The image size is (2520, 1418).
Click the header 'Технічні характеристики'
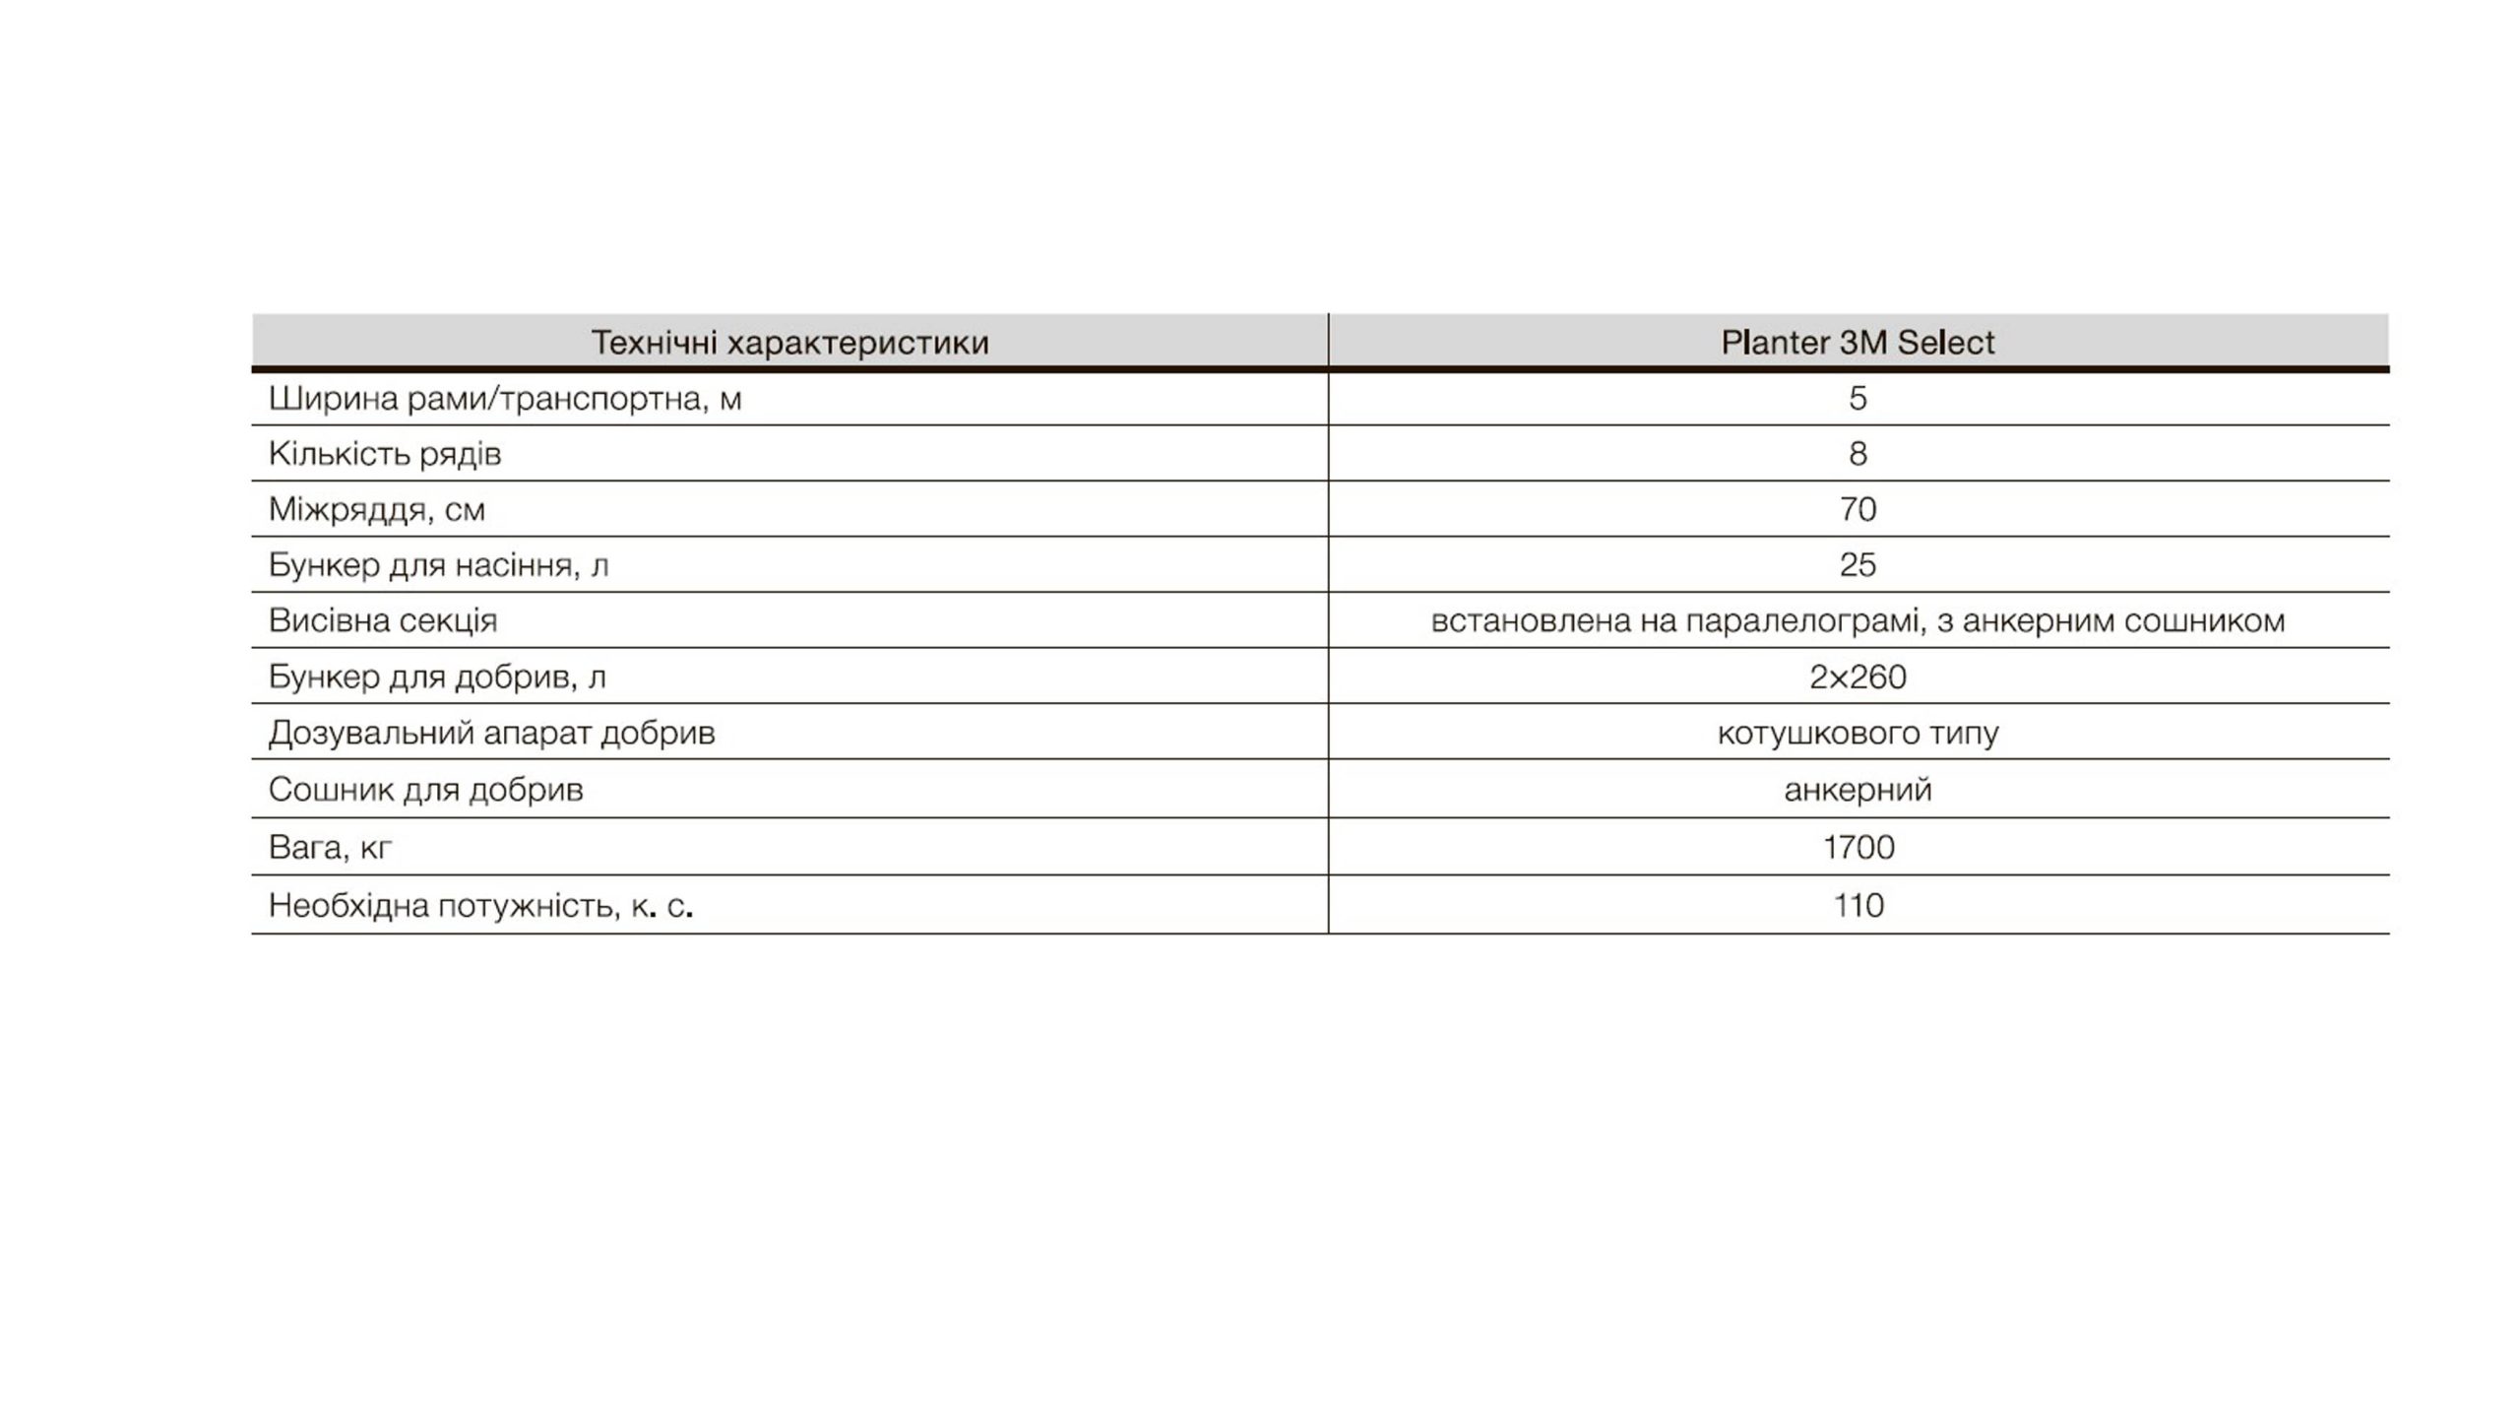[x=789, y=343]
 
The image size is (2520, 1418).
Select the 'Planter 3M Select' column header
[x=1858, y=343]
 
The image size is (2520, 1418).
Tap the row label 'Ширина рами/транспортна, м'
[x=505, y=399]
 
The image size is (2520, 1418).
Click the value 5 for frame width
[x=1858, y=399]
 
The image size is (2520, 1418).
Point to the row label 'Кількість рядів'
[x=385, y=454]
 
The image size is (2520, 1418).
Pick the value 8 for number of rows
[x=1858, y=454]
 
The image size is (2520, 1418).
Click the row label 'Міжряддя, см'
[x=377, y=509]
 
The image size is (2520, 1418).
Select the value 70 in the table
[x=1858, y=509]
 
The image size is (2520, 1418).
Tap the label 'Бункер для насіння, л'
[x=439, y=565]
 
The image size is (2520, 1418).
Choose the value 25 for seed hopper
[x=1858, y=565]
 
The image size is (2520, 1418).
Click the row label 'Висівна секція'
[x=383, y=620]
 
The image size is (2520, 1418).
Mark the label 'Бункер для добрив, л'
[x=438, y=677]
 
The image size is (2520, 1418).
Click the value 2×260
[x=1858, y=677]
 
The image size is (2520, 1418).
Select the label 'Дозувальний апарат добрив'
[x=492, y=733]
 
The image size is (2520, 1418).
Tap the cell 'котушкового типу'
[x=1858, y=733]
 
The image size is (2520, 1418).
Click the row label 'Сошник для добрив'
[x=426, y=790]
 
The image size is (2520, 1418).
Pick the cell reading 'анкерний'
[x=1858, y=790]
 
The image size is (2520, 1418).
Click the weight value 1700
[x=1858, y=847]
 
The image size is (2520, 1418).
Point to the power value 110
[x=1858, y=905]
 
